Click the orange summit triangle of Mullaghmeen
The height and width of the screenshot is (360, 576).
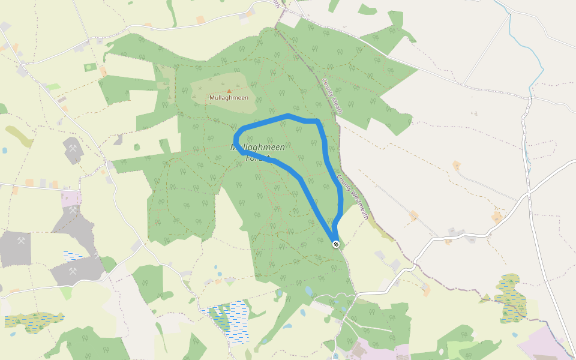pos(229,91)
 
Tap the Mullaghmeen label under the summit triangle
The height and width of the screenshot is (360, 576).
pos(229,98)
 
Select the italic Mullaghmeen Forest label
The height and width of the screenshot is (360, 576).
pos(258,152)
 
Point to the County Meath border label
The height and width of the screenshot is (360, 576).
pos(332,97)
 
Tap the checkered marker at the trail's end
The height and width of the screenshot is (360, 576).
pos(337,244)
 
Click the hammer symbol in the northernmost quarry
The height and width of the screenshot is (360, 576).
pos(73,148)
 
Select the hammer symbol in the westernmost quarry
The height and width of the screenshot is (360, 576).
pos(21,241)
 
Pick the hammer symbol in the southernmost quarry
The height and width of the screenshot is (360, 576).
pos(73,271)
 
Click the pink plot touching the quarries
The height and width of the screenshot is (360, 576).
pos(71,198)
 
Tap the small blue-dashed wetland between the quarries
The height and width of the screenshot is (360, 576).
pos(73,256)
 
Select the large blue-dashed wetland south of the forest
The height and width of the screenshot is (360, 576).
pos(231,321)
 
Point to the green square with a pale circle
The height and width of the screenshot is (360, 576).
pos(90,67)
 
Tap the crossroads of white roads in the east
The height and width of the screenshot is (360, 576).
pos(529,193)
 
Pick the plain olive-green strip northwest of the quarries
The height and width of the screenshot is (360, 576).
pos(19,137)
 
